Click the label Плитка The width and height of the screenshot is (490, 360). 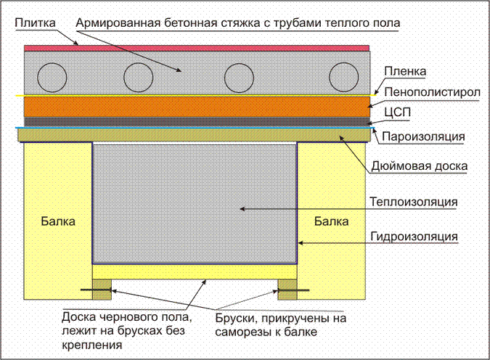pos(36,22)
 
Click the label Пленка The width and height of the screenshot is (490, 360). pos(405,71)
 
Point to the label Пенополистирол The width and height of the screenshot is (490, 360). pos(432,92)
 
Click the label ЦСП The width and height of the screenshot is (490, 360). pos(397,112)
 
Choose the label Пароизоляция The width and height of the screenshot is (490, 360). pos(423,136)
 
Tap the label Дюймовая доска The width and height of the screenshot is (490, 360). pos(420,166)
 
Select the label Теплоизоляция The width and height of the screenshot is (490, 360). pos(414,202)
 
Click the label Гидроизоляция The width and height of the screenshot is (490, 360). pos(414,237)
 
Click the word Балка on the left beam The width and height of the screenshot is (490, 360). pos(58,221)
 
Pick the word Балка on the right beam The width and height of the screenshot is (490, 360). pos(331,221)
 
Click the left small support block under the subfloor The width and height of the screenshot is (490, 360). pos(102,290)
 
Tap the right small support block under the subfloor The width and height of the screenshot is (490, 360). pos(287,290)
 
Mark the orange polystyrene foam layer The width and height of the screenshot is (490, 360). pos(197,107)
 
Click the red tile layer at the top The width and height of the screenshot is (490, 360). pos(197,48)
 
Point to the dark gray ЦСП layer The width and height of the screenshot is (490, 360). pos(197,121)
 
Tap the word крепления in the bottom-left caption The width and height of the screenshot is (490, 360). pos(91,345)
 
